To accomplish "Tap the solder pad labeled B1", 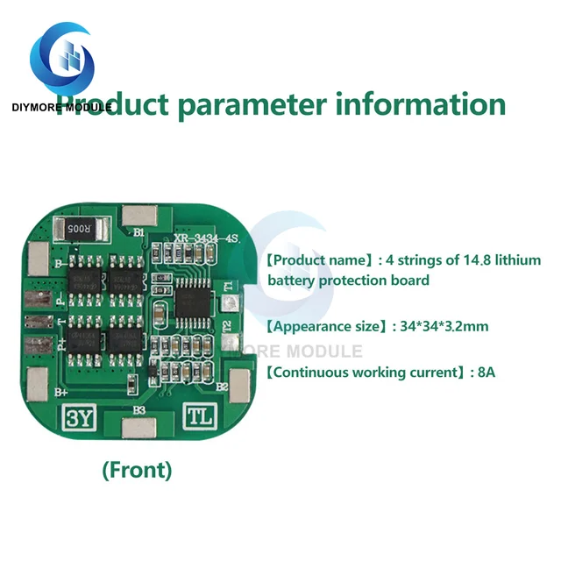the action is pyautogui.click(x=138, y=216).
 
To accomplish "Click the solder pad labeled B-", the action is pyautogui.click(x=39, y=258).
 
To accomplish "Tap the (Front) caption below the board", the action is pyautogui.click(x=138, y=470).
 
